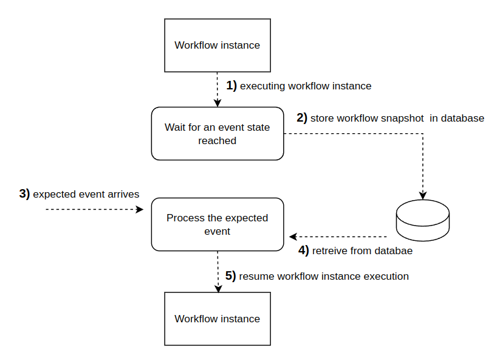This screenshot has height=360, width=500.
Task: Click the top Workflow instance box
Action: [217, 45]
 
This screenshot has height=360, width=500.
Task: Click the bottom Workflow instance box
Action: [217, 319]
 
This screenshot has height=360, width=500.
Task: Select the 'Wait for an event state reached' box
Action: [217, 134]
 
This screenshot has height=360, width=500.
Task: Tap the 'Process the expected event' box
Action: [217, 224]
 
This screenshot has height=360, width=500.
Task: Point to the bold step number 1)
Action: [231, 86]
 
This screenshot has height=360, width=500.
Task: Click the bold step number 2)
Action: [302, 118]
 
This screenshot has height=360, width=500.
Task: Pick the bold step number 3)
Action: [24, 194]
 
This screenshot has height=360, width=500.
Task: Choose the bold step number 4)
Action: [303, 250]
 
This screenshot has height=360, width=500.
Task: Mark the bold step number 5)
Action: [230, 276]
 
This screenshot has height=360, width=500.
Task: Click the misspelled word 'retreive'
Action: [330, 250]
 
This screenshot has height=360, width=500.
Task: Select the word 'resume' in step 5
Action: [256, 276]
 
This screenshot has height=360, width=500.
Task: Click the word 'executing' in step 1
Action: [262, 86]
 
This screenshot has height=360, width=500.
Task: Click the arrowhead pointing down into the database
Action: [423, 195]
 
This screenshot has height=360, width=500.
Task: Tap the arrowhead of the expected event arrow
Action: [140, 209]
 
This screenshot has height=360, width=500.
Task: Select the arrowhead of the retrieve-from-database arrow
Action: [292, 237]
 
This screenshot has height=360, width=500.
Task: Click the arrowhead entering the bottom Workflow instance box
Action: [217, 289]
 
